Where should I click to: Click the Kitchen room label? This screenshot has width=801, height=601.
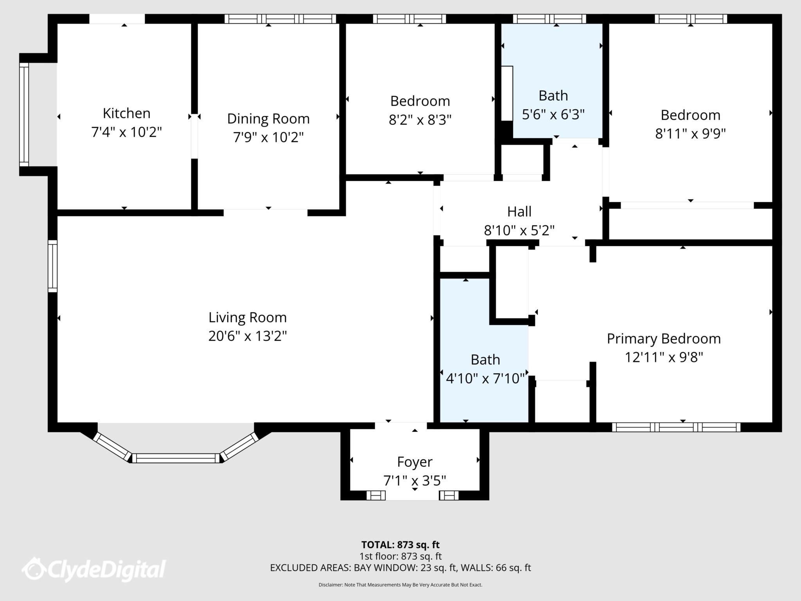point(126,113)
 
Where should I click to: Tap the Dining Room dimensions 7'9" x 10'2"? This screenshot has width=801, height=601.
point(268,137)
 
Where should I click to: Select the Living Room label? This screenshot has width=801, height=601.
point(247,317)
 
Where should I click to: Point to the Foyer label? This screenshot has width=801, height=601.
point(415,462)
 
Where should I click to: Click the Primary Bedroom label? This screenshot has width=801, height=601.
point(664,338)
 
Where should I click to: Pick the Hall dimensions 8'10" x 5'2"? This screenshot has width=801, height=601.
point(519,230)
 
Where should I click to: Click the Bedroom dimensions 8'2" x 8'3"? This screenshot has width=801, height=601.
point(420,120)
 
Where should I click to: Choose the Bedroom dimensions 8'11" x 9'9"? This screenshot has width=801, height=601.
point(690,134)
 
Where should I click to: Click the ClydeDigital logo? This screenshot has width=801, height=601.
point(94,569)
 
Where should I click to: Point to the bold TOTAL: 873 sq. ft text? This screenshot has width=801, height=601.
point(400,545)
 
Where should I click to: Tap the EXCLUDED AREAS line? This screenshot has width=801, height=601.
point(400,568)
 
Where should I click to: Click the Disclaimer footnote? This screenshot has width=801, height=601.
point(400,585)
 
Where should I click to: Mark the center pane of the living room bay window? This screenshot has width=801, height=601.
point(176,458)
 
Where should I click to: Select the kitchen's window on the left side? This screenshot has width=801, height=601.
point(24,115)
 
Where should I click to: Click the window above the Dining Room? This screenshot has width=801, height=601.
point(280,19)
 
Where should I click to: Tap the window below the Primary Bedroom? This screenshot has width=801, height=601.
point(676,427)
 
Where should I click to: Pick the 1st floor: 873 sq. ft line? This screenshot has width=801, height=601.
point(400,556)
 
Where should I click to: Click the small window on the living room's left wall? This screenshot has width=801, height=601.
point(52,266)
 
